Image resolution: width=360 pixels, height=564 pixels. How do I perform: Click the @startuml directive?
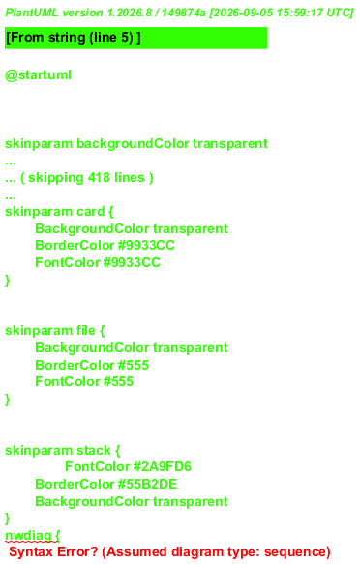pos(38,75)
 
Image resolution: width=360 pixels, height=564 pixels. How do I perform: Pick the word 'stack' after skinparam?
pos(94,450)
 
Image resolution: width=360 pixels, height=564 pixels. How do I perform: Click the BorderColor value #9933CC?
pos(146,246)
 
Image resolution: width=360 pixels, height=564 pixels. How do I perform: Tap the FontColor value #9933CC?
pos(132,262)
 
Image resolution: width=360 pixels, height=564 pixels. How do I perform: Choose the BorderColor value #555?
pos(134,365)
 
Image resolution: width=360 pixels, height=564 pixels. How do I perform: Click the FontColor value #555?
pos(118,381)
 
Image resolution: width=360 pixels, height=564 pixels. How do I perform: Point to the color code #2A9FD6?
pos(163,466)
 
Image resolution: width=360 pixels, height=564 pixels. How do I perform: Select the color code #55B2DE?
pos(147,484)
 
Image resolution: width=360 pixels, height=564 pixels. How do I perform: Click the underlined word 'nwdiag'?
pos(28,536)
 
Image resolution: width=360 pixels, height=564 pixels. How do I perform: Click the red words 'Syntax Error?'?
pos(53,551)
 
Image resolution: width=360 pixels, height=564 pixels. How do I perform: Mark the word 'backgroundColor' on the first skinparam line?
pos(133,143)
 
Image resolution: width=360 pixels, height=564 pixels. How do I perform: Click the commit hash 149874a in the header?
pos(183,13)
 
